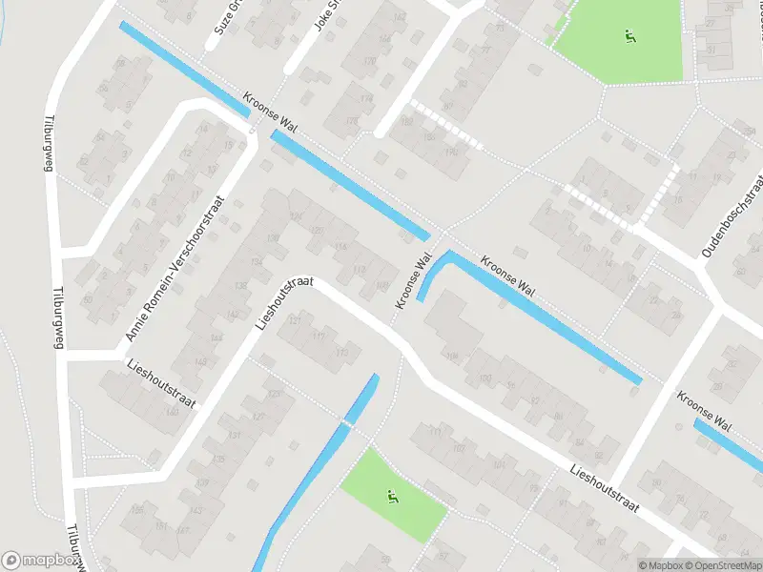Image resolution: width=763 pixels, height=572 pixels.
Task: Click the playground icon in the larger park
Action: pos(629,37)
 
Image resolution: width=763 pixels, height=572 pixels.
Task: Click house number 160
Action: pos(173,412)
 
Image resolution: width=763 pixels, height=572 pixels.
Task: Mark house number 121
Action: pos(295,321)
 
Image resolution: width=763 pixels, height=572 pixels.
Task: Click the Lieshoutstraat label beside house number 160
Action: pos(160,384)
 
